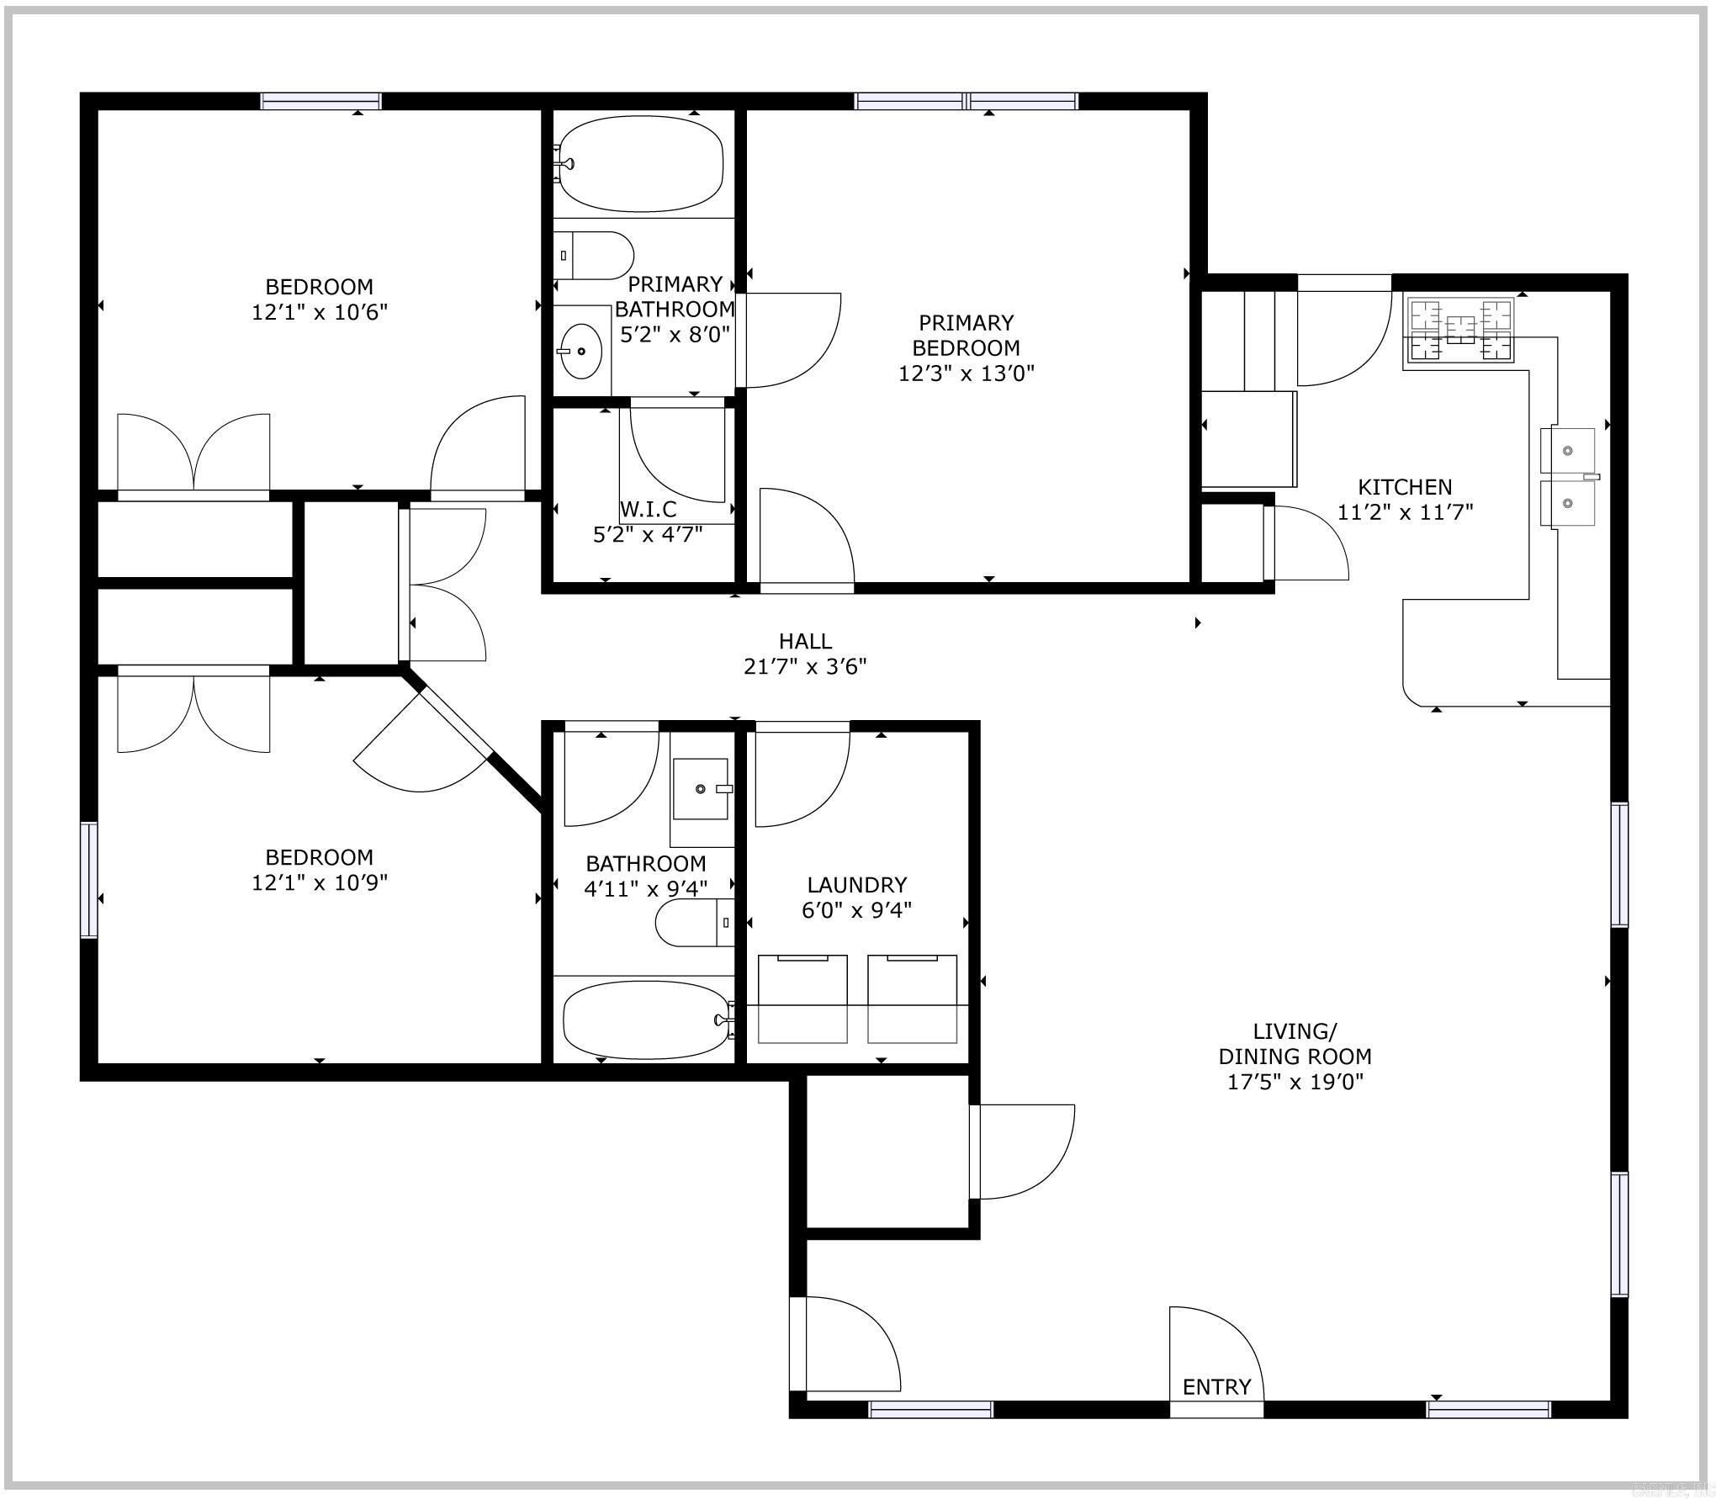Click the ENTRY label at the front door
point(1216,1387)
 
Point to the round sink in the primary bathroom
point(580,351)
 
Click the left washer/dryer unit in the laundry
point(802,998)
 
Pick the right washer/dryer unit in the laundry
point(913,998)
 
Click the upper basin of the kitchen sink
point(1567,450)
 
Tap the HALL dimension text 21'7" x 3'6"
point(805,667)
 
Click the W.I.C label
point(648,509)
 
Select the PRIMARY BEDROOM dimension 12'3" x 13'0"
point(966,373)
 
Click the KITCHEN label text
point(1405,487)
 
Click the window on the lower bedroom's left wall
point(89,879)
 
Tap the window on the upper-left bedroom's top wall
point(320,101)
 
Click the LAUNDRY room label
point(856,885)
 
